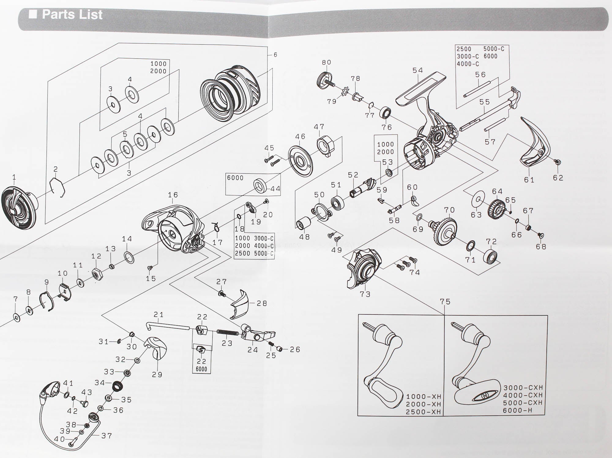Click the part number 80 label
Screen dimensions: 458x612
tap(327, 62)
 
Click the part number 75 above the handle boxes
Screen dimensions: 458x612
tap(445, 302)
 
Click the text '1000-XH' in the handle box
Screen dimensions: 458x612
tap(424, 397)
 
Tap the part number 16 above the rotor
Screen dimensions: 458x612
tap(173, 195)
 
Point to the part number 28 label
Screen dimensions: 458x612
tap(262, 303)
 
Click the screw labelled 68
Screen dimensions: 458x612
tap(540, 235)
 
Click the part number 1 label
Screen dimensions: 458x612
tap(14, 177)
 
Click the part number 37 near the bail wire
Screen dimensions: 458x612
tap(106, 436)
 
